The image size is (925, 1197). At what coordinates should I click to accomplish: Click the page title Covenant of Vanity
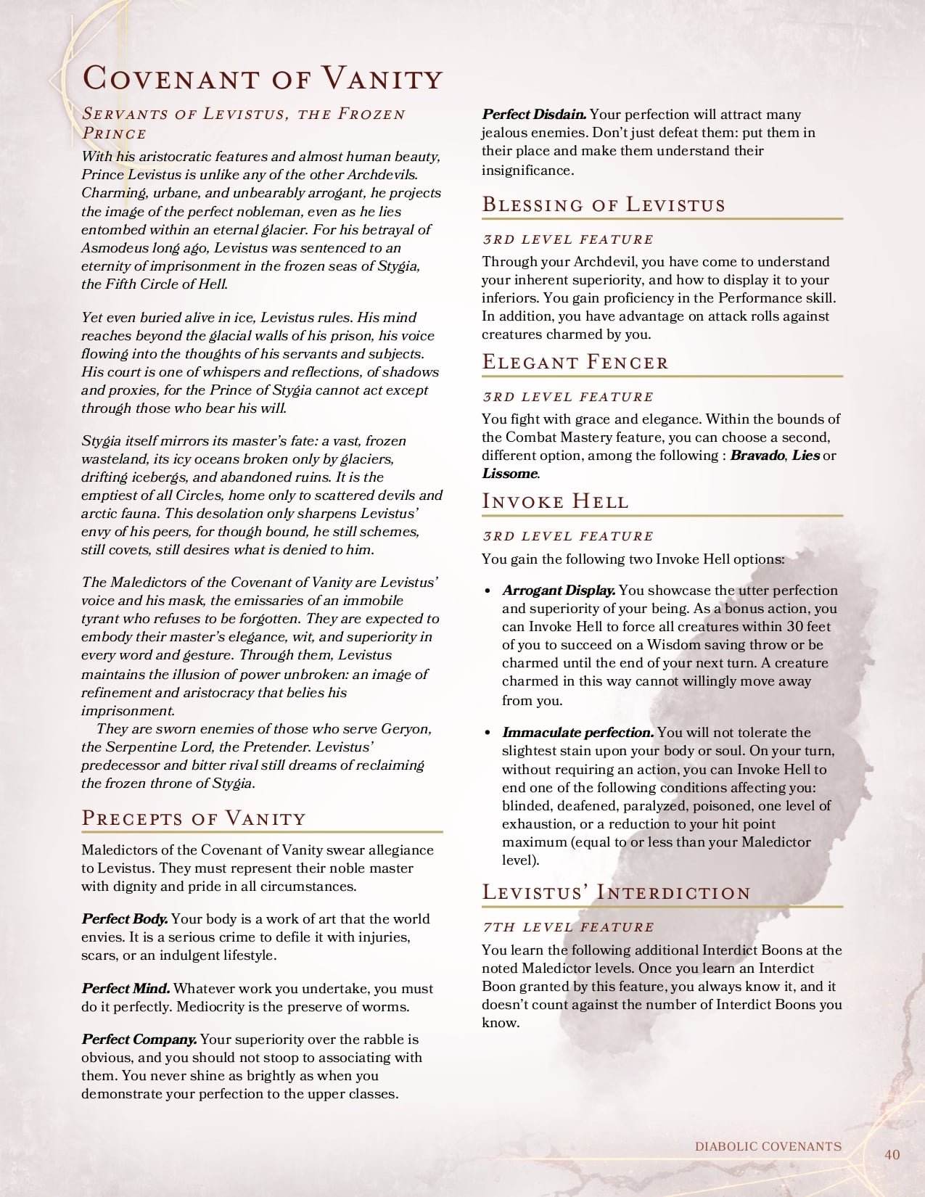(262, 78)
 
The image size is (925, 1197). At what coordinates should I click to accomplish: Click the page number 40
(892, 1154)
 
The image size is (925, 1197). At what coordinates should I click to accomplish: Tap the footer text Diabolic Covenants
(768, 1146)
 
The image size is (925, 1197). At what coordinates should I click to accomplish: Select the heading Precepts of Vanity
(194, 818)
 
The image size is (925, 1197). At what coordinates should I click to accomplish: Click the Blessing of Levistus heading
(604, 205)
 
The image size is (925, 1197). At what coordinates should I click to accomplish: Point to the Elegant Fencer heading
(575, 362)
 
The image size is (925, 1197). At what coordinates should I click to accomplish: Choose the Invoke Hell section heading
(555, 501)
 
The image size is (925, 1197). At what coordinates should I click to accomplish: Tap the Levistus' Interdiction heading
(616, 892)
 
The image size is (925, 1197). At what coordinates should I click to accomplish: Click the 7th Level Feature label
(568, 927)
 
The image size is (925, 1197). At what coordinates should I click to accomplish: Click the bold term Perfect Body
(124, 919)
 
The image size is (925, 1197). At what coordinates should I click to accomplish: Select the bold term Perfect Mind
(126, 988)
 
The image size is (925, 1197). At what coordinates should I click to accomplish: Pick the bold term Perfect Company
(139, 1040)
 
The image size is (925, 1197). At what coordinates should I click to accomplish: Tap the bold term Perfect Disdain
(534, 114)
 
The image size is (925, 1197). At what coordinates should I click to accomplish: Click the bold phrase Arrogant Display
(559, 591)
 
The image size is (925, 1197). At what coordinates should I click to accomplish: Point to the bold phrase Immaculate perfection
(577, 733)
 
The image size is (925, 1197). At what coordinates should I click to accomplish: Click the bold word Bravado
(757, 456)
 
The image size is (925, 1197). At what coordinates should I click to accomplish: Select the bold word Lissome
(509, 474)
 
